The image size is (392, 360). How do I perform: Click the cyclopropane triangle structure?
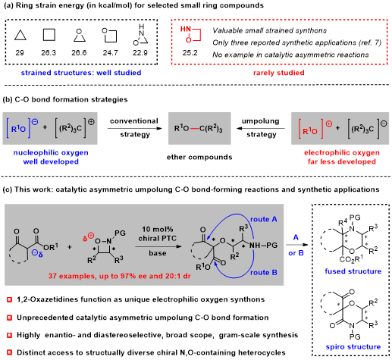[20, 39]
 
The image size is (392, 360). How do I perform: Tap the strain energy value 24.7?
[110, 53]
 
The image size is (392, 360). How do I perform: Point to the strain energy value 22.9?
[140, 53]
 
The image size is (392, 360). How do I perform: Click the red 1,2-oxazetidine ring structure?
[201, 35]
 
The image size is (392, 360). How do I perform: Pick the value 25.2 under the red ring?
[190, 53]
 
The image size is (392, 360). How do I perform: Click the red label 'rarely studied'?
[279, 73]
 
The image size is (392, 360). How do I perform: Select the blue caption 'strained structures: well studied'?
[81, 73]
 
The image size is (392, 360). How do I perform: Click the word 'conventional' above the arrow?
[134, 121]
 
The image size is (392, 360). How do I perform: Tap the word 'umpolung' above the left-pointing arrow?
[261, 121]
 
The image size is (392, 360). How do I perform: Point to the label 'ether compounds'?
[199, 157]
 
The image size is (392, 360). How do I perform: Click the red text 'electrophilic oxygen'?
[342, 152]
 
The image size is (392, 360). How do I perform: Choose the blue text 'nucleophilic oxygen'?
[51, 152]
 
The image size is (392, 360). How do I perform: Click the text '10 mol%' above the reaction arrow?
[158, 230]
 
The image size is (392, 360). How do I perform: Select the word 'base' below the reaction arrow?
[158, 253]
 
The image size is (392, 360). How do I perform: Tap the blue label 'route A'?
[264, 219]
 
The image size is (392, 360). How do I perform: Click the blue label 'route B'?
[264, 273]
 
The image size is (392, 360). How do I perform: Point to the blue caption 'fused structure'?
[353, 271]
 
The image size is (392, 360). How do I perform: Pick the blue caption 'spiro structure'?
[353, 347]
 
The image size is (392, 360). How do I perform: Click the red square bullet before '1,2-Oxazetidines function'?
[10, 300]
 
